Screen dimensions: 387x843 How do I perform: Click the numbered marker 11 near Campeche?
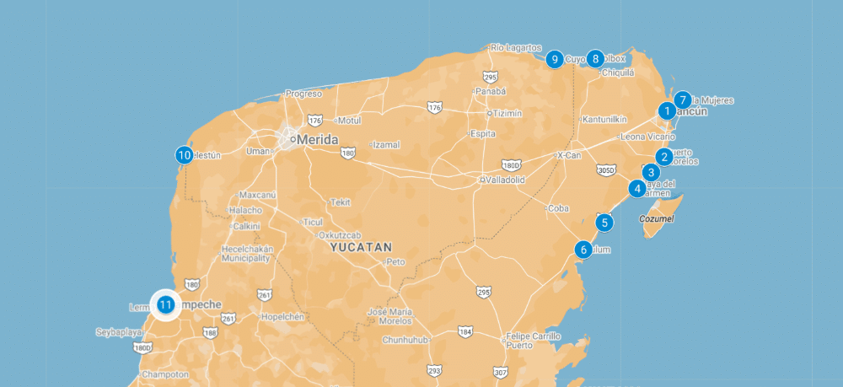click(165, 304)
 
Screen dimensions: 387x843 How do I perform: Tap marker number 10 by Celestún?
click(184, 155)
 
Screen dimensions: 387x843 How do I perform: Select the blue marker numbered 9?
click(554, 59)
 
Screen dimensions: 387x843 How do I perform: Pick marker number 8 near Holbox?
click(596, 59)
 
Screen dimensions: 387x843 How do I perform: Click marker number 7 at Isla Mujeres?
click(683, 99)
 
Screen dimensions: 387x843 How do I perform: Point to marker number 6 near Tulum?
click(583, 250)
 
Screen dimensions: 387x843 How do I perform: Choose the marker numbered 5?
click(604, 223)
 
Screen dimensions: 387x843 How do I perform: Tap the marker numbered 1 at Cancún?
click(667, 110)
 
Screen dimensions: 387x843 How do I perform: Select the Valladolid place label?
click(505, 180)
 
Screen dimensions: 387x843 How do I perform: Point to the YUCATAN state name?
click(362, 248)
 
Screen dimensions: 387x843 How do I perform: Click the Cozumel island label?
click(658, 218)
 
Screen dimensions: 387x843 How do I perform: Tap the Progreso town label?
click(304, 94)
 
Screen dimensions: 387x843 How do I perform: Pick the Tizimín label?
click(508, 113)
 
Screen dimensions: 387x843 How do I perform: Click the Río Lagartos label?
click(516, 47)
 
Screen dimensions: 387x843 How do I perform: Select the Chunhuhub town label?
click(405, 340)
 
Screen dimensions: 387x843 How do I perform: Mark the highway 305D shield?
click(605, 170)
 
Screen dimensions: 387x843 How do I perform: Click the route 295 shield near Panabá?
click(491, 77)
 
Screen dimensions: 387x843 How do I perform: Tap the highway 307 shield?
click(500, 372)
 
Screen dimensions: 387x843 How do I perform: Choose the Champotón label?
click(165, 374)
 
